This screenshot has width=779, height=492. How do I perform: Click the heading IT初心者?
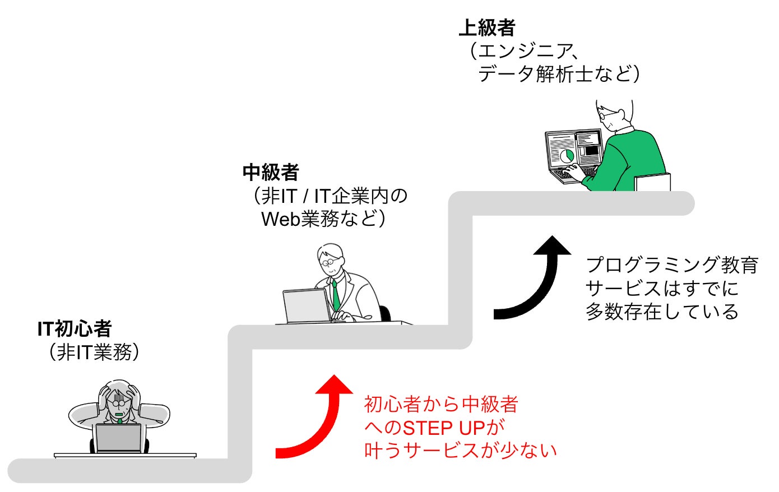pyautogui.click(x=75, y=329)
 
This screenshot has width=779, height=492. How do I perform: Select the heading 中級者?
pyautogui.click(x=271, y=172)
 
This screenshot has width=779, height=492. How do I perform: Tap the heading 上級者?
pyautogui.click(x=486, y=27)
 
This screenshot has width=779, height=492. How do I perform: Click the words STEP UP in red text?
pyautogui.click(x=443, y=428)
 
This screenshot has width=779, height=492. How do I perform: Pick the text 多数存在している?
pyautogui.click(x=662, y=312)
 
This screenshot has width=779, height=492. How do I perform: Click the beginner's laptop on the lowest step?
pyautogui.click(x=118, y=438)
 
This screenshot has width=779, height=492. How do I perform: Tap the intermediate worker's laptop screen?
pyautogui.click(x=306, y=305)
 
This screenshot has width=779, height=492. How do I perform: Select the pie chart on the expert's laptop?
pyautogui.click(x=567, y=155)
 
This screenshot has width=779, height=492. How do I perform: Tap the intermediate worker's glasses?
pyautogui.click(x=327, y=261)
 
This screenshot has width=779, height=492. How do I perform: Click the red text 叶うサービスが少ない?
pyautogui.click(x=460, y=451)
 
